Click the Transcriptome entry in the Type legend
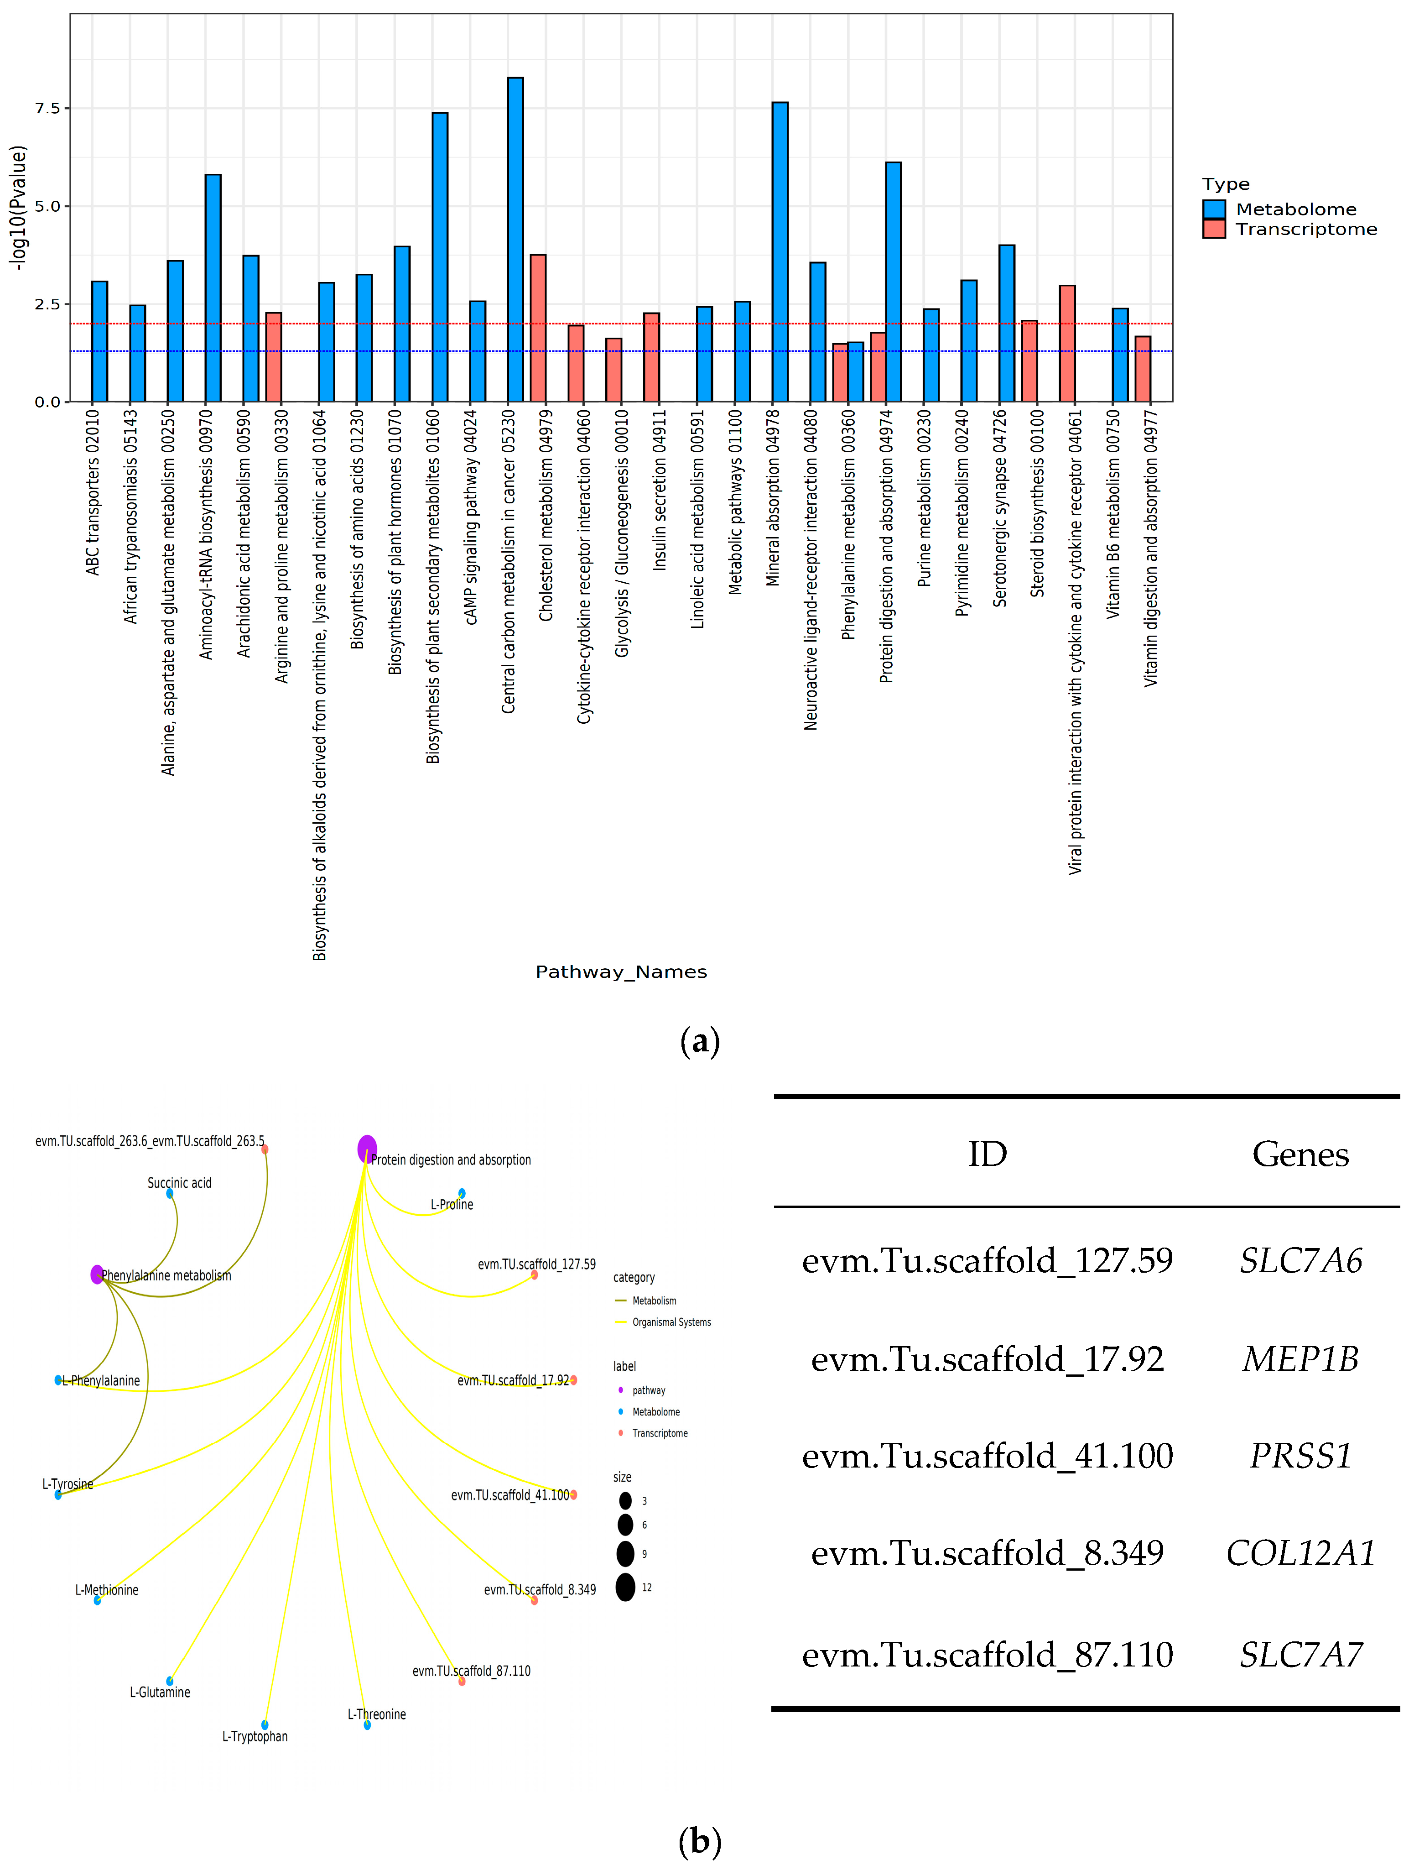coord(1306,229)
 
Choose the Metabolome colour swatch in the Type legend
coord(1214,209)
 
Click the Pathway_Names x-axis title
coord(621,972)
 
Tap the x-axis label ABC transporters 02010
coord(93,492)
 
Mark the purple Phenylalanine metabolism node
coord(97,1274)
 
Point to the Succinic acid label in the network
coord(179,1183)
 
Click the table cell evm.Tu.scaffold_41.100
coord(987,1456)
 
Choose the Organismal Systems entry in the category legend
coord(671,1322)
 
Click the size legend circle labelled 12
coord(625,1588)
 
